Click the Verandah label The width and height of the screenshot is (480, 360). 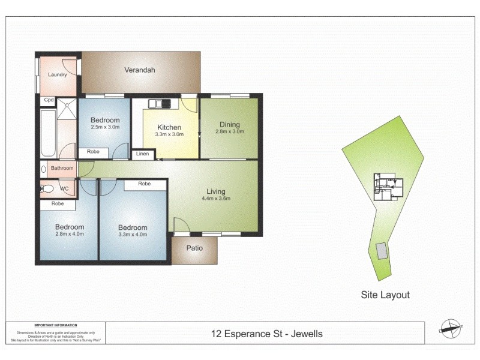pyautogui.click(x=140, y=70)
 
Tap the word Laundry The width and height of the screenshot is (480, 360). pyautogui.click(x=58, y=74)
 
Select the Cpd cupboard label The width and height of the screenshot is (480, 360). pyautogui.click(x=49, y=100)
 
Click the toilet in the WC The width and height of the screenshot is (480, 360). pyautogui.click(x=47, y=189)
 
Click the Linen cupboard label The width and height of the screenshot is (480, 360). pyautogui.click(x=142, y=154)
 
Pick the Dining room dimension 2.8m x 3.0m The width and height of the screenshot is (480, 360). pyautogui.click(x=229, y=131)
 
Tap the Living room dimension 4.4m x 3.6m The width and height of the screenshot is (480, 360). pyautogui.click(x=216, y=199)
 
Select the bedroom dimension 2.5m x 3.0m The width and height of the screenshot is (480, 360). pyautogui.click(x=105, y=127)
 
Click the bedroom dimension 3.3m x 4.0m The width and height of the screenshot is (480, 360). pyautogui.click(x=133, y=235)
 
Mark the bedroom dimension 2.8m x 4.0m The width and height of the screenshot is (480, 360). pyautogui.click(x=70, y=235)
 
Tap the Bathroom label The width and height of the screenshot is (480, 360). pyautogui.click(x=62, y=169)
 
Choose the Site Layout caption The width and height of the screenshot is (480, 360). pyautogui.click(x=385, y=295)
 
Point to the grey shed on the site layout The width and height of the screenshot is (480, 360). pyautogui.click(x=382, y=251)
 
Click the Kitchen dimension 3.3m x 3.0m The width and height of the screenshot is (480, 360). pyautogui.click(x=169, y=135)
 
